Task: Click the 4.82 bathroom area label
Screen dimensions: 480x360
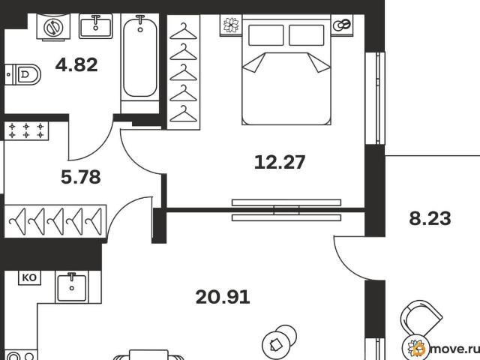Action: tap(76, 65)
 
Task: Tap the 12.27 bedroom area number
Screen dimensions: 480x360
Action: tap(280, 162)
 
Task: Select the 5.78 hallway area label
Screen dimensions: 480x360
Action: tap(81, 177)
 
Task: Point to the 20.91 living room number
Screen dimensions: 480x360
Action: tap(223, 297)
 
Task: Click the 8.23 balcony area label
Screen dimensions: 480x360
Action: tap(430, 218)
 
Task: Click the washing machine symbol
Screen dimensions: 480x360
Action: tap(53, 27)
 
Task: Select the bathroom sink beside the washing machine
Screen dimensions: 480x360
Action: tap(95, 26)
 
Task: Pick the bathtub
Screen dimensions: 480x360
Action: tap(140, 57)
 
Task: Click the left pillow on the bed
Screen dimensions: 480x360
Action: tap(265, 35)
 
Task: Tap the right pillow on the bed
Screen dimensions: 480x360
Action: tap(307, 35)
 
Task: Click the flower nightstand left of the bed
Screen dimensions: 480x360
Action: tap(231, 25)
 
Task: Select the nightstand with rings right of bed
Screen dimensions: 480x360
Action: tap(342, 25)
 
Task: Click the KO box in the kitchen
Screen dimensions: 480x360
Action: tap(29, 278)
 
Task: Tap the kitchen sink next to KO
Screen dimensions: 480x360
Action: tap(72, 286)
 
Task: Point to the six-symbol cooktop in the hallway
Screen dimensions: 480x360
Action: tap(26, 130)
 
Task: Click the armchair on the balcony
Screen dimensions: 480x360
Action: tap(421, 318)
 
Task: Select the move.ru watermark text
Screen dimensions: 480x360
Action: tap(454, 349)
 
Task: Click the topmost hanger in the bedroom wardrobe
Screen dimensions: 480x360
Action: tap(183, 31)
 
